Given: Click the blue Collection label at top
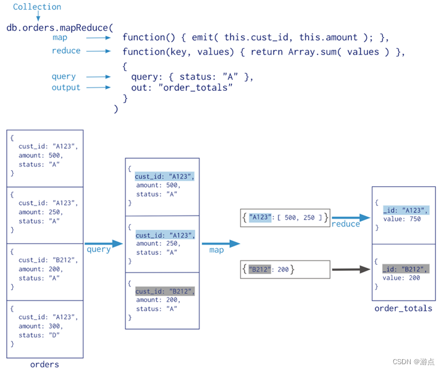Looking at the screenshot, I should [37, 7].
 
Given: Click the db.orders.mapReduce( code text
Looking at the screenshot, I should [60, 27].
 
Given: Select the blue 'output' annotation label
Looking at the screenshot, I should [66, 88].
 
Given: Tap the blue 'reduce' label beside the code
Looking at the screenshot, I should [66, 51].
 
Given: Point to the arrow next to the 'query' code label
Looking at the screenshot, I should [99, 77].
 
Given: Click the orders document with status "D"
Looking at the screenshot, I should [45, 329].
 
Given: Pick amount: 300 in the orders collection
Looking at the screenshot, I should [41, 326].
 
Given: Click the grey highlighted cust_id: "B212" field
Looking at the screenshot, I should [165, 291].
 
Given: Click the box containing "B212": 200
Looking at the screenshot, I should [285, 269].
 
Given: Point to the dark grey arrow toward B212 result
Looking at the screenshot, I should [351, 269].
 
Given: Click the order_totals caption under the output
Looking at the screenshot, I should [403, 308].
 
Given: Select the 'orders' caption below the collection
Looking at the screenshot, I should [44, 364].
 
